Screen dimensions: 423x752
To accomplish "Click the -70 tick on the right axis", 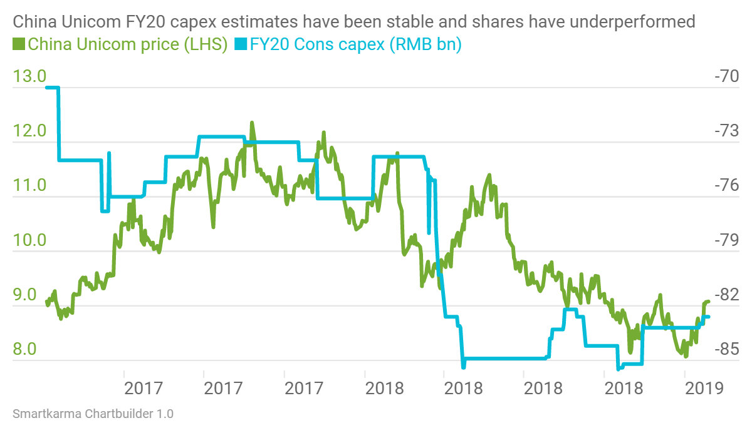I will click(x=727, y=77).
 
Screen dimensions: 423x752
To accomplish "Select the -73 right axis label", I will click(x=727, y=131).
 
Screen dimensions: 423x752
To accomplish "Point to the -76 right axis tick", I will click(x=727, y=186).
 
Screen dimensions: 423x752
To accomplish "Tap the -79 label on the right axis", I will click(x=727, y=240).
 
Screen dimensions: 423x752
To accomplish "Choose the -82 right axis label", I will click(x=727, y=295).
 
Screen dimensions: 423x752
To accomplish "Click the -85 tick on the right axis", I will click(x=727, y=349).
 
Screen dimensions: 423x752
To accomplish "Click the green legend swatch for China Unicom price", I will click(x=19, y=45).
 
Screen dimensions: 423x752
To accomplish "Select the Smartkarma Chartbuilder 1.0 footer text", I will click(x=93, y=414).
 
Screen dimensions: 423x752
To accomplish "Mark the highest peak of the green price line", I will click(x=252, y=123).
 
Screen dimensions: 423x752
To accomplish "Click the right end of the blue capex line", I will click(x=709, y=317).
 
